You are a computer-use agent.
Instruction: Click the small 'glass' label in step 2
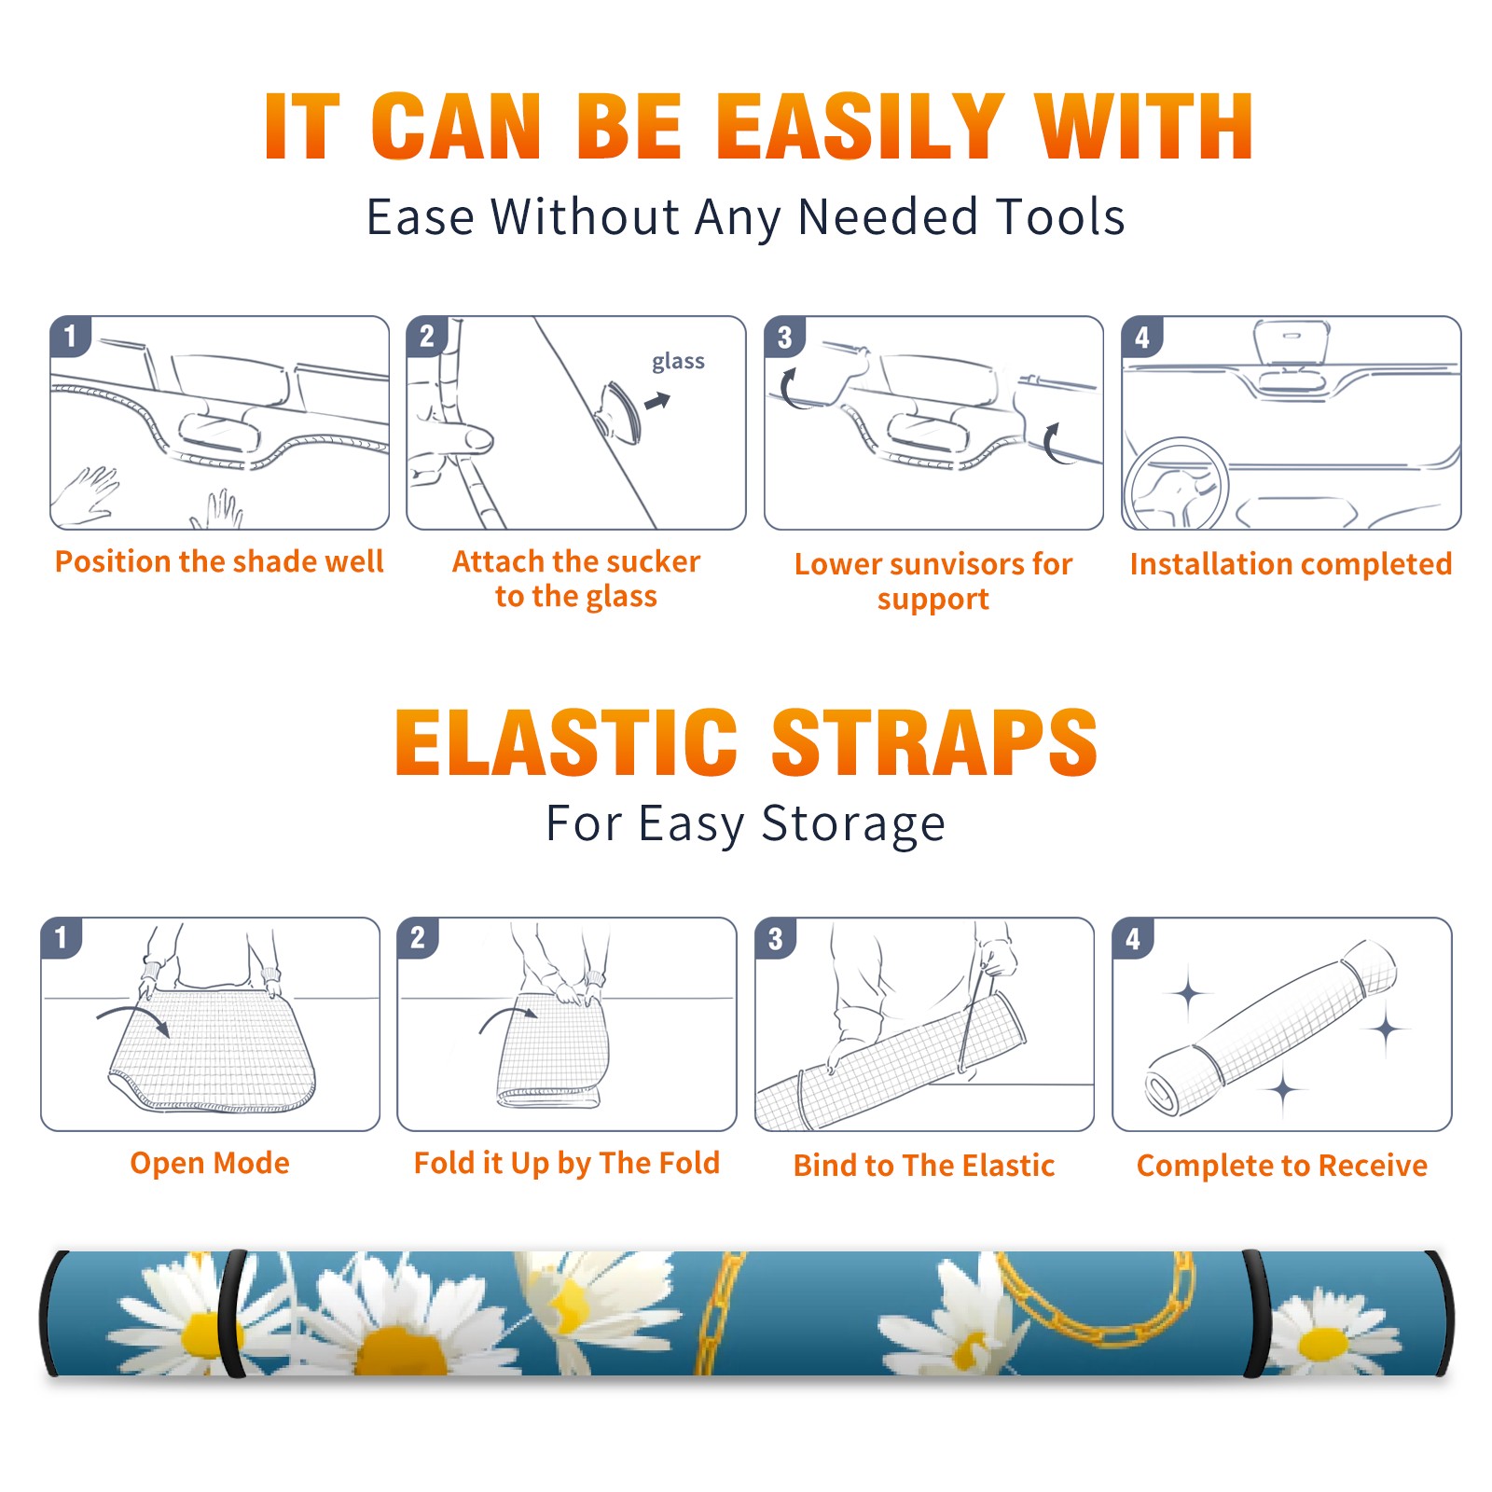tap(678, 362)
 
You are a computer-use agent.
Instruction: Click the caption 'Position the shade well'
tap(219, 561)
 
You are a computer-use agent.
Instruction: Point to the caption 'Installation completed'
tap(1291, 564)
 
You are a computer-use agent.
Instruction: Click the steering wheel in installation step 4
tap(1176, 485)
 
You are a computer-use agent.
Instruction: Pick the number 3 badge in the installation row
tap(785, 338)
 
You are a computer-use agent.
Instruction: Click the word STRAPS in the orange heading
tap(934, 742)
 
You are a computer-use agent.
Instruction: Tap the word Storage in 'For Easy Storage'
tap(853, 824)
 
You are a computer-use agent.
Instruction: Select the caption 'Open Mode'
tap(210, 1163)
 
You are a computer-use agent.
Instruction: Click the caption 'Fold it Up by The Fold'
tap(567, 1164)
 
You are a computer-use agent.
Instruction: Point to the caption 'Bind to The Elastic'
tap(924, 1166)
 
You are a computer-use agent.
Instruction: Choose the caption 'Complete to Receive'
tap(1282, 1166)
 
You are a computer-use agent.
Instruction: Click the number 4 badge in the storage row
tap(1133, 938)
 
